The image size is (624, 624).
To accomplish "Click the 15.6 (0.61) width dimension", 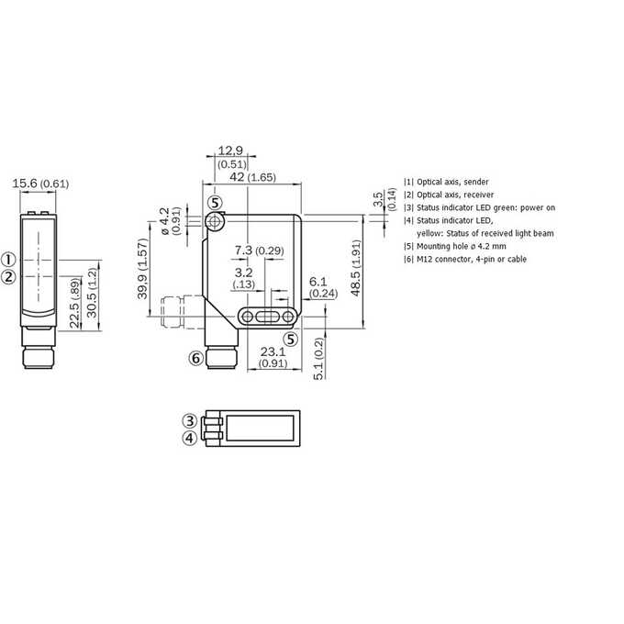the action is tap(40, 184).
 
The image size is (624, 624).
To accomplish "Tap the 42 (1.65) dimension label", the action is tap(252, 177).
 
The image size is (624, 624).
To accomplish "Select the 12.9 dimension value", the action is tap(230, 150).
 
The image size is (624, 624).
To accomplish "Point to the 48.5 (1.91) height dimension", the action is tap(356, 268).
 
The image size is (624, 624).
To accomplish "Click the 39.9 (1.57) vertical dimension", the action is tap(142, 269).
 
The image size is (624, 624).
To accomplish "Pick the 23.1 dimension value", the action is tap(273, 351).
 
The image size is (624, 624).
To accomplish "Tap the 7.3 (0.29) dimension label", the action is tap(259, 251).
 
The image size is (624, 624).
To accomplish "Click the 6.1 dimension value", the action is tap(318, 282).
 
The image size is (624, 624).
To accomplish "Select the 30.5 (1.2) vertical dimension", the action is tap(92, 293).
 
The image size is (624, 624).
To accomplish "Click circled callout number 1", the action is tap(8, 260).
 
